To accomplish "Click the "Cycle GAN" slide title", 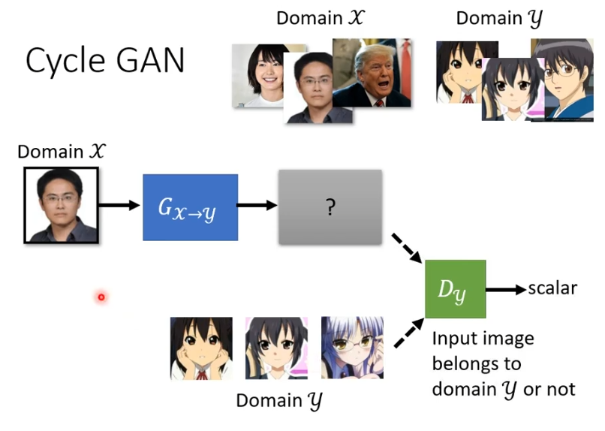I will [105, 61].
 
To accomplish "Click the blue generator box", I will [190, 207].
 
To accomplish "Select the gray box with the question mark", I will [330, 207].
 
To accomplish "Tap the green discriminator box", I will [455, 289].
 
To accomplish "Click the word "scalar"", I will [552, 288].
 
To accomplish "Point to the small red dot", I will [101, 297].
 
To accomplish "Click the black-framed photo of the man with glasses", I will [61, 205].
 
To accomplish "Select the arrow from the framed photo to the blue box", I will [119, 205].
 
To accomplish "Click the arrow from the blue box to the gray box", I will [257, 206].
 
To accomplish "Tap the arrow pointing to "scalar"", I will [505, 289].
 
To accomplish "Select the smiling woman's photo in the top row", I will [259, 74].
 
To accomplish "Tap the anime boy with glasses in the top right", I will [563, 83].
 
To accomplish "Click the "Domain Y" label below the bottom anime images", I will [279, 401].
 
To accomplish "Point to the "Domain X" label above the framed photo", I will [61, 152].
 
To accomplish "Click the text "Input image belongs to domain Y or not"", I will [503, 363].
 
